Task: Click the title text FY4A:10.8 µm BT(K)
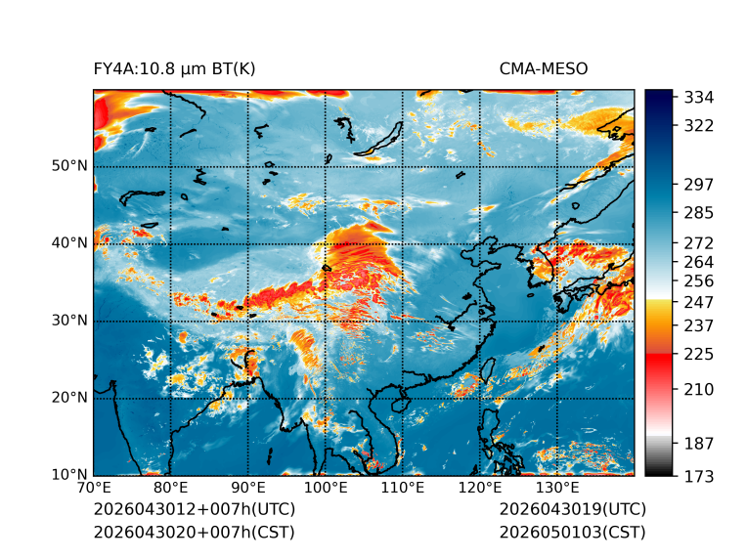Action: coord(174,69)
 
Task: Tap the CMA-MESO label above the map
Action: coord(544,69)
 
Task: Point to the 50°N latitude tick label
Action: coord(69,166)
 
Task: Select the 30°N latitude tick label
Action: coord(69,321)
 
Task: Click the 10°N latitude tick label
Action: coord(69,475)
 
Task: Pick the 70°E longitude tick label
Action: coord(94,488)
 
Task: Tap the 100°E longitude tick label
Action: coord(326,488)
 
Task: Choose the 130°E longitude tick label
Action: coord(557,488)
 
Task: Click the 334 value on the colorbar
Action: coord(699,98)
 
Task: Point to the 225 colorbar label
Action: coord(699,355)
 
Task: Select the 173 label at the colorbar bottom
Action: coord(699,476)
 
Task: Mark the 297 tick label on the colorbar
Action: coord(699,185)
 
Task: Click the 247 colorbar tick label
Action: coord(699,302)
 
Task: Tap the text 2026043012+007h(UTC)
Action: coord(195,509)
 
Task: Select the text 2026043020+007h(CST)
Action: coord(195,533)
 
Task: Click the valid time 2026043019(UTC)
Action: coord(573,509)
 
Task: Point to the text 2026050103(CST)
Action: coord(573,533)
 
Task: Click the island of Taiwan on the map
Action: coord(488,370)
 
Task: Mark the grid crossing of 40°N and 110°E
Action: coord(403,243)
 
